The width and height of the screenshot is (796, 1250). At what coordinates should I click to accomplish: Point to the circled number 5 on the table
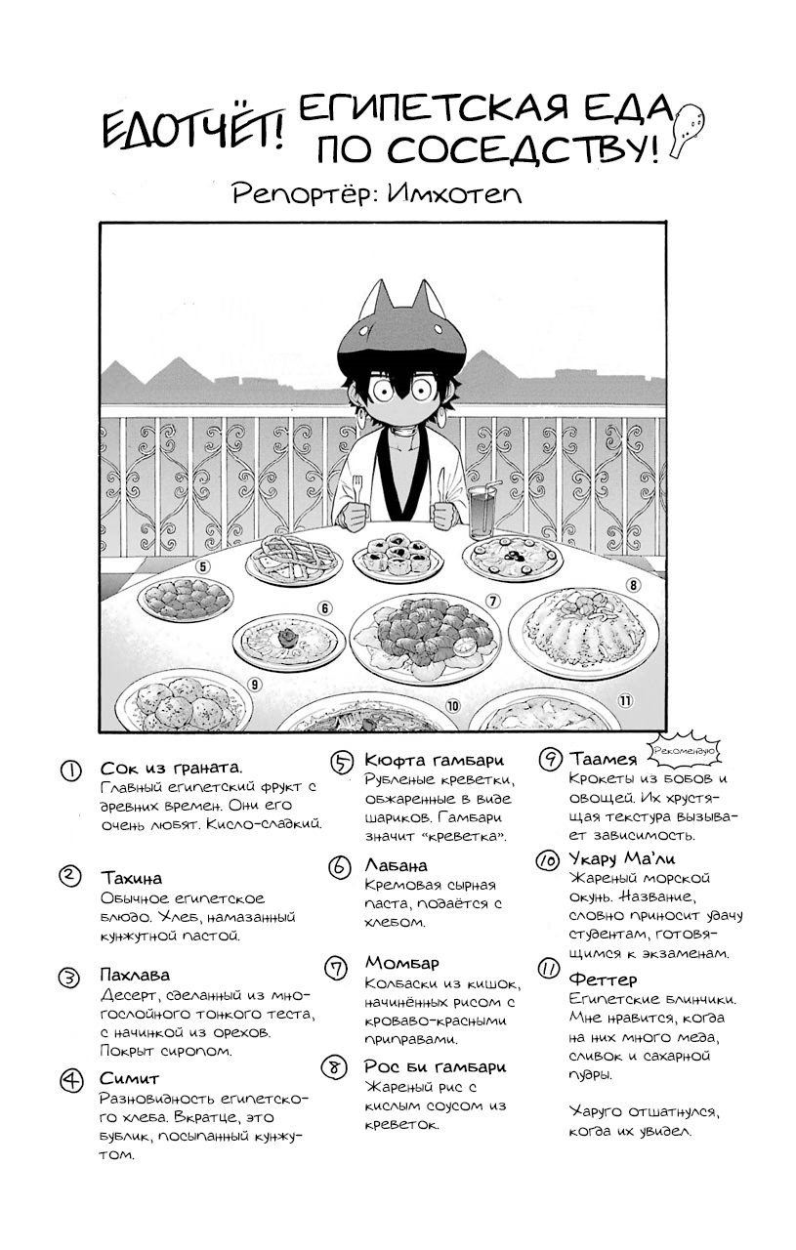point(203,565)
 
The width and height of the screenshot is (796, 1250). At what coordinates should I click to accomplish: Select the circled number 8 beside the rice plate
point(633,585)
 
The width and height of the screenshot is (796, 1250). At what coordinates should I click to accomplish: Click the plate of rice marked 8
point(582,630)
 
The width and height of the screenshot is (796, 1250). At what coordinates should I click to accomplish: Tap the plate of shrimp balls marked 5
point(186,598)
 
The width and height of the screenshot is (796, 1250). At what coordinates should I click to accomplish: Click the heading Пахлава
point(135,975)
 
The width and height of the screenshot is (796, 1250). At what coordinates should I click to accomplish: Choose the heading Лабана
point(396,865)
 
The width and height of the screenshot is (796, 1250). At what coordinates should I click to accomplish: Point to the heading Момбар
point(401,964)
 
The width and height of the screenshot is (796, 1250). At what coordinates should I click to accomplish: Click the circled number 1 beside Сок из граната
point(70,771)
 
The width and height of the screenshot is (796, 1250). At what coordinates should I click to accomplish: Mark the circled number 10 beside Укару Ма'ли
point(547,859)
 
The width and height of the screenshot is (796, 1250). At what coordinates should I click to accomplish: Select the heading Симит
point(128,1078)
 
